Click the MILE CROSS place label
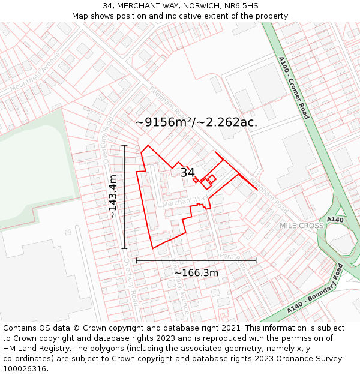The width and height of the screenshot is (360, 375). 301,226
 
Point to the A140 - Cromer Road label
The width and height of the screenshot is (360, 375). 294,88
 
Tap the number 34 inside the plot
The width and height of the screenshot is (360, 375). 188,173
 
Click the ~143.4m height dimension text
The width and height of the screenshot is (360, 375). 112,197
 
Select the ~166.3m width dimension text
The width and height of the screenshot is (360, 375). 196,273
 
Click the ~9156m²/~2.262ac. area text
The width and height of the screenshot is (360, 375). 196,122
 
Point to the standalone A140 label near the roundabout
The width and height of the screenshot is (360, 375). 335,220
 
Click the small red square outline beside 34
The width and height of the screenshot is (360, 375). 211,178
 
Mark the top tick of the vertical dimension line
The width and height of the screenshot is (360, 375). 125,145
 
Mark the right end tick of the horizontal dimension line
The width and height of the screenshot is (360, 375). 256,260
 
